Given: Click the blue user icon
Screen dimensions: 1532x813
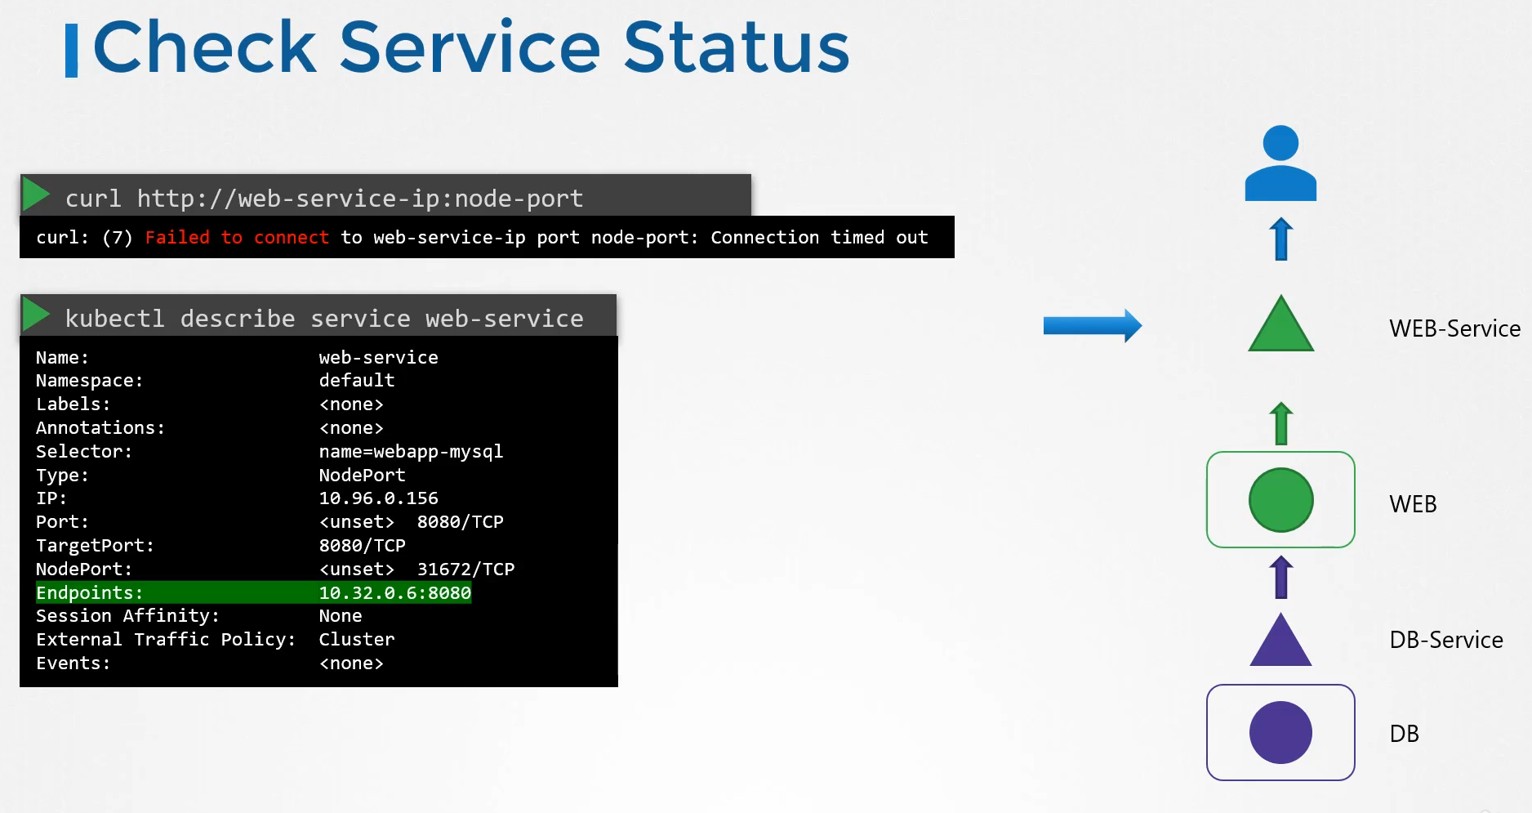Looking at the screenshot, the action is [x=1280, y=163].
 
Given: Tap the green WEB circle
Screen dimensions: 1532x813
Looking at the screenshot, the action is [x=1281, y=500].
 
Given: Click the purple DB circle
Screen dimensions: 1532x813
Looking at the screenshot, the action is [x=1280, y=733].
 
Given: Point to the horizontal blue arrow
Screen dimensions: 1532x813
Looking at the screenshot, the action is [x=1093, y=326].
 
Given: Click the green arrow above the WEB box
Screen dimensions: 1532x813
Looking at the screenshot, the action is [x=1281, y=423].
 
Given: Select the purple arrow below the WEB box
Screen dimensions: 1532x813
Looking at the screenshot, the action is [x=1281, y=577].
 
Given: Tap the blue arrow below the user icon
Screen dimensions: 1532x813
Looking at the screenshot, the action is [x=1281, y=239].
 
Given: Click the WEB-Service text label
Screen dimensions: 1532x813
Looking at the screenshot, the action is [x=1454, y=328].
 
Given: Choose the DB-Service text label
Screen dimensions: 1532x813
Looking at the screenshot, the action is [x=1446, y=640].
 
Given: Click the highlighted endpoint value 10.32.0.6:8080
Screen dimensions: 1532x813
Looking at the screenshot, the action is [x=395, y=592].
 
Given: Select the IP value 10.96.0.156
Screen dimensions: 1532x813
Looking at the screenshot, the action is [x=378, y=498].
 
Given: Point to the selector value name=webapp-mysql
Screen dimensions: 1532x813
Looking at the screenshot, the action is [x=411, y=452].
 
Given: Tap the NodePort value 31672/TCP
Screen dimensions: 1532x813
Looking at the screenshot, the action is [x=465, y=569].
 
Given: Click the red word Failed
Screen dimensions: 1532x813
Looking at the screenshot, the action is [x=177, y=237].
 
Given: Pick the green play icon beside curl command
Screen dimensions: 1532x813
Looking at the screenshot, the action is [x=36, y=194].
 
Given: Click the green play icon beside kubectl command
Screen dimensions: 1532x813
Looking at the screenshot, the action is [x=36, y=314].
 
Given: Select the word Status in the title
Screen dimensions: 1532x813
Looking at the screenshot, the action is [x=737, y=47].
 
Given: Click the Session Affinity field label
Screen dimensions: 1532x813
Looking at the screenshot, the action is [x=127, y=616].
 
